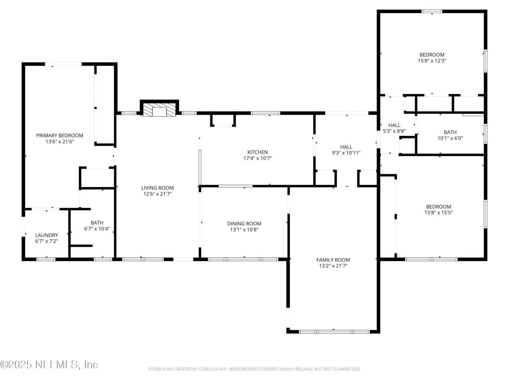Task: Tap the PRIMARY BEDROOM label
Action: tap(60, 135)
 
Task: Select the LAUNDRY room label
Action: tap(47, 235)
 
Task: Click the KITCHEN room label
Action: tap(258, 152)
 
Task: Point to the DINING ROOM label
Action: tap(244, 224)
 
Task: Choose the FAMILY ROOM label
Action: tap(333, 260)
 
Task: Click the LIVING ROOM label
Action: tap(157, 188)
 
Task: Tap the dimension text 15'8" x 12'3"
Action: tap(432, 61)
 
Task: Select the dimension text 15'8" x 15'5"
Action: tap(439, 212)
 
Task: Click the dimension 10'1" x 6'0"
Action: tap(450, 138)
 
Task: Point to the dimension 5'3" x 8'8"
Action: tap(394, 131)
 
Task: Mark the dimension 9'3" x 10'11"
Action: tap(346, 153)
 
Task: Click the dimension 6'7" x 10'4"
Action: tap(97, 229)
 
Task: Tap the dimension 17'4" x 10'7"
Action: tap(258, 158)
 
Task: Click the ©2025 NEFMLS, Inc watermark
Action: tap(49, 364)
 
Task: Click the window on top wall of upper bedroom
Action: tap(432, 12)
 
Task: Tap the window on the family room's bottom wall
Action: tap(334, 331)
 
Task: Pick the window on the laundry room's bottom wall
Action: tap(46, 259)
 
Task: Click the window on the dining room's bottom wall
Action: tap(243, 259)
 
